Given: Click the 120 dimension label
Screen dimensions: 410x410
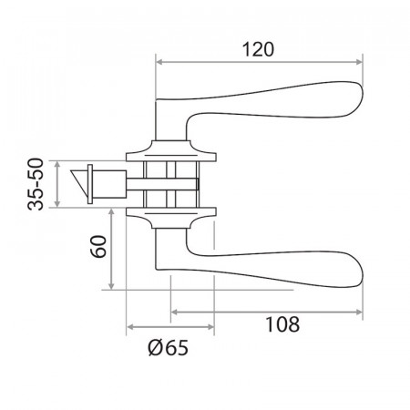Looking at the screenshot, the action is point(258,49).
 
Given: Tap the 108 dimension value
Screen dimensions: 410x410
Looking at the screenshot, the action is point(282,324).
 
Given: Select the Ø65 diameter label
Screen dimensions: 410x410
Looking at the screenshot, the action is point(168,348).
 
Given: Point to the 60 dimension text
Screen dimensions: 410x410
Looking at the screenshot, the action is point(98,246).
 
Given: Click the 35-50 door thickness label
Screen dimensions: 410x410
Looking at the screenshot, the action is point(36,184).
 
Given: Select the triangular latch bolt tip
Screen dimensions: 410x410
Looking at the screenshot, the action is point(79,182).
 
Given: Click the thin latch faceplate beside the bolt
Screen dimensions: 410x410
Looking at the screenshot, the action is point(90,184).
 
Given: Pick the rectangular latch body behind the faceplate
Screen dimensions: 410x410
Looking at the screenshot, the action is point(109,184).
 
